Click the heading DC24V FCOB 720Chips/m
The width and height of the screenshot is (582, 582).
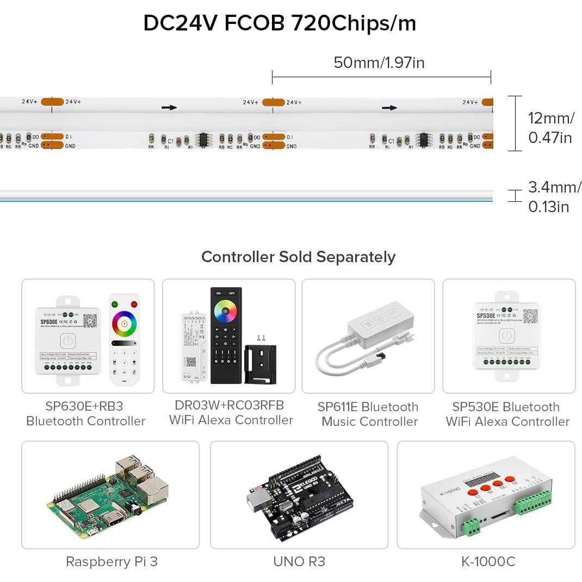pyautogui.click(x=280, y=23)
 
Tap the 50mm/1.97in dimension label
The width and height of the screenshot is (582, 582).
pyautogui.click(x=379, y=63)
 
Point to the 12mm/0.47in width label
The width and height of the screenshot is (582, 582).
pyautogui.click(x=550, y=128)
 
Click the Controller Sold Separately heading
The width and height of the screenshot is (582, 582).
pyautogui.click(x=298, y=257)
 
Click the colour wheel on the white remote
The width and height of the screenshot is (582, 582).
pyautogui.click(x=125, y=324)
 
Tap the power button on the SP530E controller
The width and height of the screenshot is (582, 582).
pyautogui.click(x=506, y=336)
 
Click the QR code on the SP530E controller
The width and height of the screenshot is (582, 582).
pyautogui.click(x=530, y=315)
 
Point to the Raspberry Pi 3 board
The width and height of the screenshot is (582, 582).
pyautogui.click(x=110, y=496)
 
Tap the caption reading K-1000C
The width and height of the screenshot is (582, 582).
pyautogui.click(x=488, y=561)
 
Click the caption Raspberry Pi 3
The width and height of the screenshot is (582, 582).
pyautogui.click(x=112, y=561)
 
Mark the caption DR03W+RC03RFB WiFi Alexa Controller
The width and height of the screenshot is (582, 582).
pyautogui.click(x=231, y=413)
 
